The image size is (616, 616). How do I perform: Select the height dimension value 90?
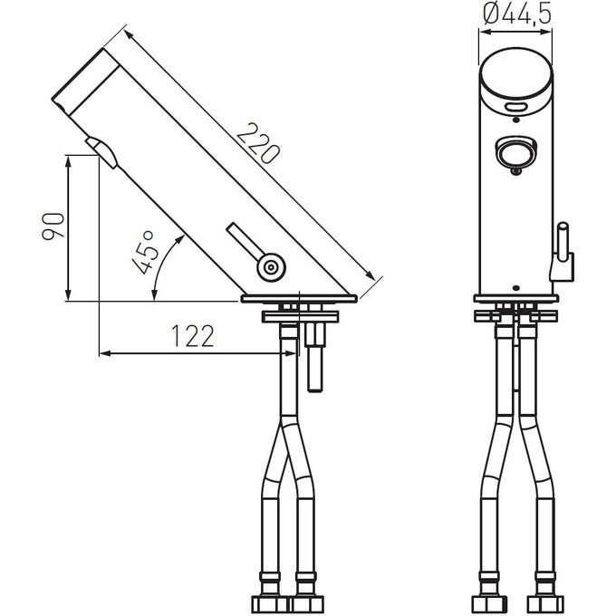pos(53,227)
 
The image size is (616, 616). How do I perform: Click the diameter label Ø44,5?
pos(517,14)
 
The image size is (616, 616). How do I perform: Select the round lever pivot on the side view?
pos(269,267)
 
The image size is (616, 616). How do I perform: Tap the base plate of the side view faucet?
pos(298,297)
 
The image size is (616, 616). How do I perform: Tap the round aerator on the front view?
pos(516,151)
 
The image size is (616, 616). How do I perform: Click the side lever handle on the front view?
pos(563,249)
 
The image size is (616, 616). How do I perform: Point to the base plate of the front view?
pos(516,298)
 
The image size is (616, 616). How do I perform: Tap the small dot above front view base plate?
pos(516,287)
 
